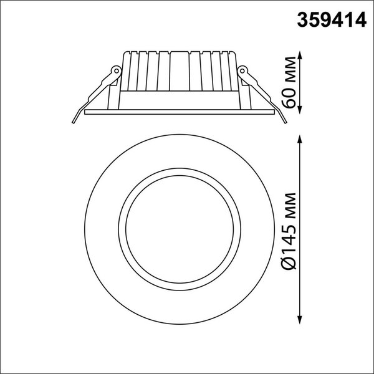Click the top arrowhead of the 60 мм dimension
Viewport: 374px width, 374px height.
(302, 55)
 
